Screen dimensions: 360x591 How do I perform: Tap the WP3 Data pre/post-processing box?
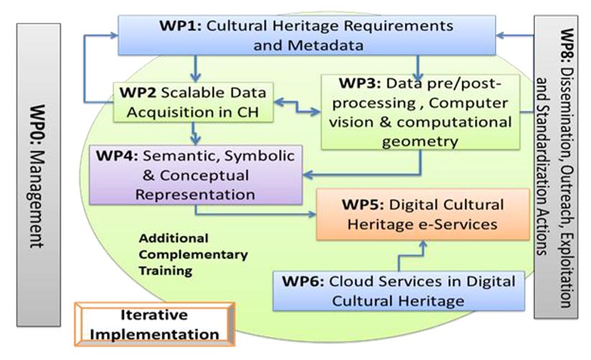420,111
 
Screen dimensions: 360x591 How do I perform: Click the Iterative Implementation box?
154,324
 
